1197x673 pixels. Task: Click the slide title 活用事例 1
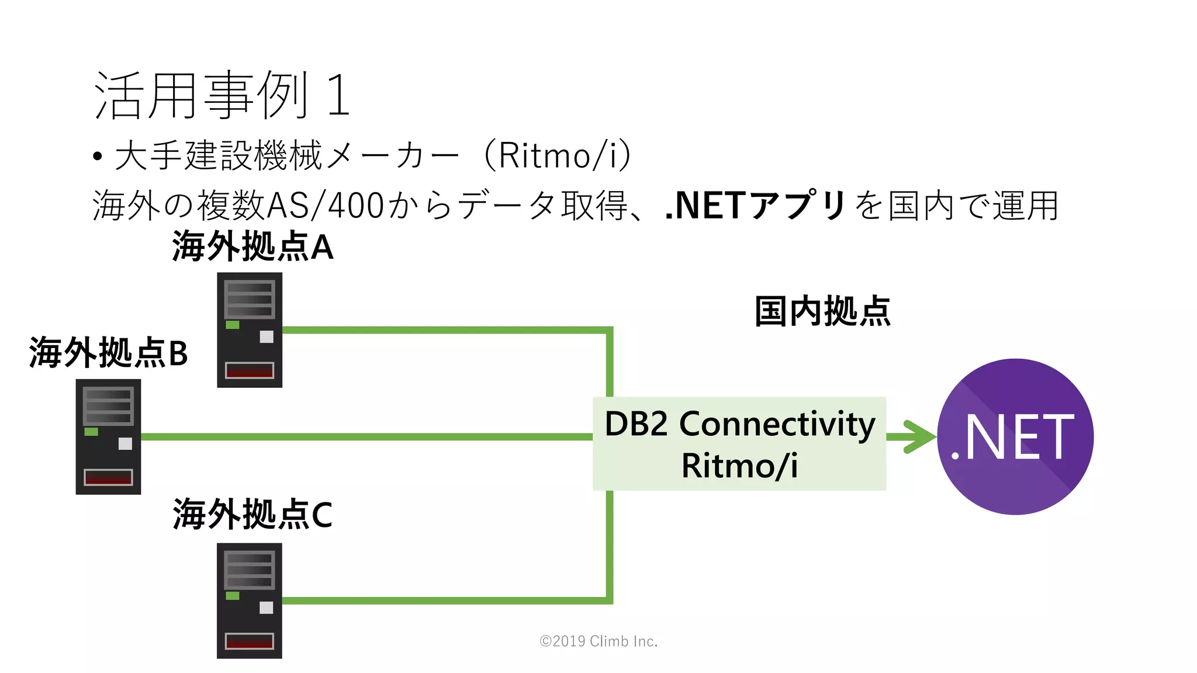[x=222, y=95]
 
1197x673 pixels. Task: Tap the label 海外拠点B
[x=109, y=353]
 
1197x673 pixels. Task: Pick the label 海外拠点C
[x=252, y=515]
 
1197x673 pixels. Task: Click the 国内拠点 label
[x=822, y=311]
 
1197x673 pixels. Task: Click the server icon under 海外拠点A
[x=250, y=330]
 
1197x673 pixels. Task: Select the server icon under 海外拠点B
[x=108, y=437]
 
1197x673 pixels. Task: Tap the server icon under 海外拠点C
[x=250, y=601]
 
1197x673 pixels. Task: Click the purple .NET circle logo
[x=1015, y=437]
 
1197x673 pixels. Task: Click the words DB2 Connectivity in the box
[x=739, y=424]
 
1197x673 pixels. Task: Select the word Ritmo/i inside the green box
[x=739, y=466]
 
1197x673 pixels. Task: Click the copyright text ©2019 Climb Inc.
[x=598, y=641]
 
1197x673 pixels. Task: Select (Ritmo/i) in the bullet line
[x=558, y=156]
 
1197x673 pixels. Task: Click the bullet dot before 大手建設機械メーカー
[x=98, y=157]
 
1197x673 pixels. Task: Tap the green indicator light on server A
[x=233, y=325]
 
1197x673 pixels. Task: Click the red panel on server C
[x=250, y=641]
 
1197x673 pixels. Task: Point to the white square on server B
[x=125, y=444]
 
